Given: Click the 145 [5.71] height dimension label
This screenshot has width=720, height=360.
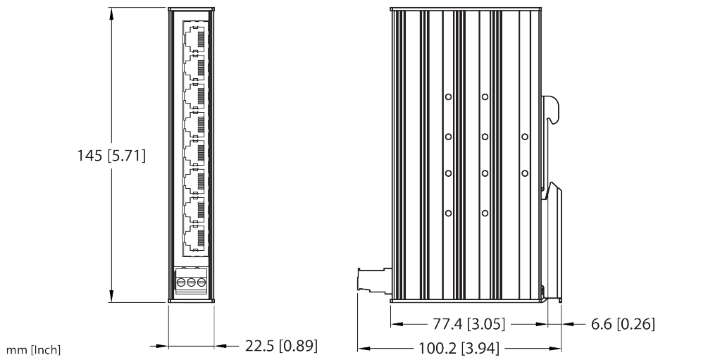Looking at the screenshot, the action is coord(111,156).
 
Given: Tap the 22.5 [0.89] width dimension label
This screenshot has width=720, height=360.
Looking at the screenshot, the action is coord(281,346).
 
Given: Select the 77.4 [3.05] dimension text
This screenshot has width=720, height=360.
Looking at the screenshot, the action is coord(468,324).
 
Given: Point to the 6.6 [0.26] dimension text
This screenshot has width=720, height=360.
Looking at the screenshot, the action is coord(622,324).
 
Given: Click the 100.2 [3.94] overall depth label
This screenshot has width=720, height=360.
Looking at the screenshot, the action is coord(458,348).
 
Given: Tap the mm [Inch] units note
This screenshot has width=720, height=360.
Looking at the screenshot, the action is coord(33,350).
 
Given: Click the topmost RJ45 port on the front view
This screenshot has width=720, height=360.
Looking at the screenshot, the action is coord(194,39).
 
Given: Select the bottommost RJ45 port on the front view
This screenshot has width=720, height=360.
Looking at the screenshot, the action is coord(194,238).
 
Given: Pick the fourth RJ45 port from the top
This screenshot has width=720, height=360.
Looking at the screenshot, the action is coord(194,124).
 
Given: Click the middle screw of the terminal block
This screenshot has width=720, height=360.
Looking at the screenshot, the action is coord(191,282).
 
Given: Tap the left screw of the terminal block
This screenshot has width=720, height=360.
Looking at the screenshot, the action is coord(181,282).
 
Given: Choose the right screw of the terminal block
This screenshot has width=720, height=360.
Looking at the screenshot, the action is coord(201,282).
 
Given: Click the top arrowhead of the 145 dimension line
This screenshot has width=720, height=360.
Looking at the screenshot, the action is coord(111,14).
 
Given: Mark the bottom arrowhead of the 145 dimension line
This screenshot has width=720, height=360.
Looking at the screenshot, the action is coord(111,296).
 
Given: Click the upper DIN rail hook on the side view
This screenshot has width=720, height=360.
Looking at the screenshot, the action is coord(552,110).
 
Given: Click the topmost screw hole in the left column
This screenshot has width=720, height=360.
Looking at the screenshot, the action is coord(448,97).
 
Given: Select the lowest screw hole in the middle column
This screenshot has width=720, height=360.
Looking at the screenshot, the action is coord(485,213).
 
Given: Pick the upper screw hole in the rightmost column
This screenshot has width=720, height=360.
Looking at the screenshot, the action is coord(525,137).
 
